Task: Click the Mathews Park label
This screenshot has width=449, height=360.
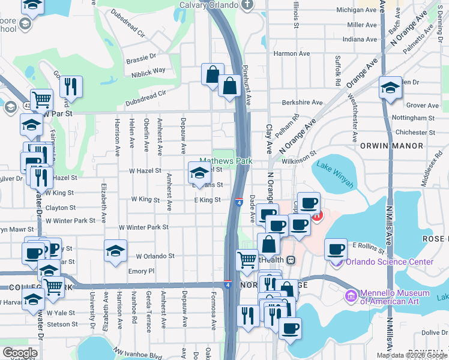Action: (226, 161)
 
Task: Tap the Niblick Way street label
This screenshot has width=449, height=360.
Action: (148, 70)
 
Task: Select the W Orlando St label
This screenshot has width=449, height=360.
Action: (155, 256)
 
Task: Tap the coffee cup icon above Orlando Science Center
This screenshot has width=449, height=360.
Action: (336, 248)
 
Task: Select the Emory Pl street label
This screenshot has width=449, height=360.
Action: (141, 271)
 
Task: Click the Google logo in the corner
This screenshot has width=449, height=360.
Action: (20, 353)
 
